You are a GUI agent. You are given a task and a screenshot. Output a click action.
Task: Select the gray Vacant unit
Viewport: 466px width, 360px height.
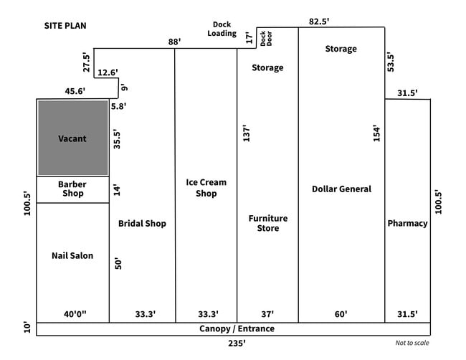click(x=72, y=138)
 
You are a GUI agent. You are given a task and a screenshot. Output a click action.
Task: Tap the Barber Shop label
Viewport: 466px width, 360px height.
click(x=72, y=189)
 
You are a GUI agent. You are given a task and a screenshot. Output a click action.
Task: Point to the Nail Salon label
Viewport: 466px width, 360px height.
click(x=72, y=255)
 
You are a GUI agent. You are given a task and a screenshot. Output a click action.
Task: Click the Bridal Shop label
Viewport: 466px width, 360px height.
click(x=142, y=223)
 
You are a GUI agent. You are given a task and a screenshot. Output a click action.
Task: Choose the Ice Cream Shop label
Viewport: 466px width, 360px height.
click(x=206, y=188)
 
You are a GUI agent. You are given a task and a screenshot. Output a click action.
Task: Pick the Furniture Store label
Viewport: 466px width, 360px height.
click(x=268, y=223)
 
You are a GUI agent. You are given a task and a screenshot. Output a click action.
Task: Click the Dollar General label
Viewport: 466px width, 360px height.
click(x=341, y=189)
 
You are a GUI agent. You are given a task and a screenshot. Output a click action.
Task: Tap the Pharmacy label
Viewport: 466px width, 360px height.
click(x=407, y=223)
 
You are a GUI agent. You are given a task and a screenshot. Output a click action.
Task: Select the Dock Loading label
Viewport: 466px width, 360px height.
click(x=222, y=29)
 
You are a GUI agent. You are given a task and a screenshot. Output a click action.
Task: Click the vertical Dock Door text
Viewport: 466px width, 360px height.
click(x=265, y=38)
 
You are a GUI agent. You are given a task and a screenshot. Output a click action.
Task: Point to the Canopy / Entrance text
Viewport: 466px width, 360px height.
click(x=237, y=328)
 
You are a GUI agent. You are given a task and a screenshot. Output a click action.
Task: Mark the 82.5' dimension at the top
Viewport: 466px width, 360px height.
click(x=319, y=22)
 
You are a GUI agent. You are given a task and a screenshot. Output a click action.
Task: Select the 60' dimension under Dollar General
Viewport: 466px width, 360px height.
click(x=341, y=313)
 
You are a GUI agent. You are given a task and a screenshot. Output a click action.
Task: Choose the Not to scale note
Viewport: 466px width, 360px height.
click(x=412, y=343)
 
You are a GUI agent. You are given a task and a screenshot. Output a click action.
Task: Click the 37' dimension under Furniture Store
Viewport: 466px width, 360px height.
click(x=267, y=313)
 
